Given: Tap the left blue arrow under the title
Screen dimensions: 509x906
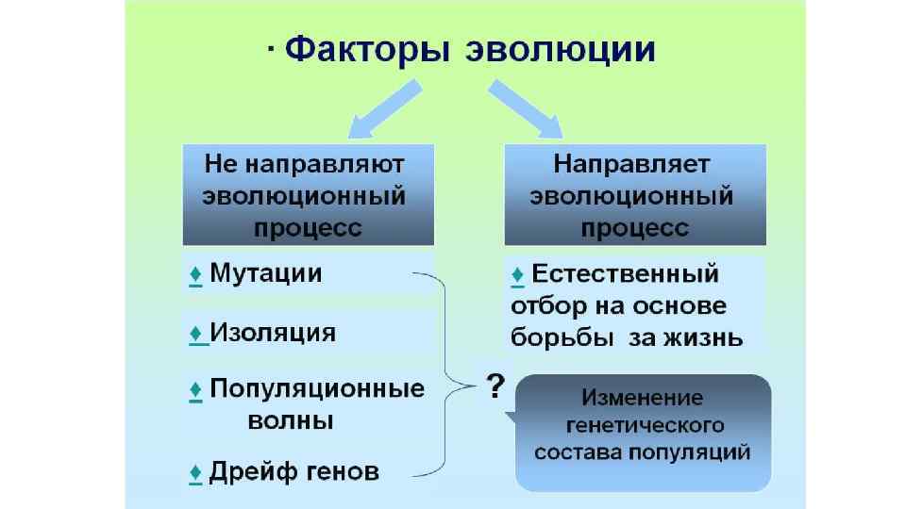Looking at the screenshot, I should click(383, 107).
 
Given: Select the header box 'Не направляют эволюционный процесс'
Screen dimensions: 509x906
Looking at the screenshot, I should click(308, 195).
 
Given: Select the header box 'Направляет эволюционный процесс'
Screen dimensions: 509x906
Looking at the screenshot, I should click(634, 195).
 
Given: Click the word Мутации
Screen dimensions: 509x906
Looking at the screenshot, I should click(265, 273).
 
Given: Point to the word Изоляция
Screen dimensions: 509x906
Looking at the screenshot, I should click(272, 333).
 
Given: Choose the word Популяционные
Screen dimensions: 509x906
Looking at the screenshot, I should click(317, 388).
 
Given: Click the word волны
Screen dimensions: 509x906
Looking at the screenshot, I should click(290, 420).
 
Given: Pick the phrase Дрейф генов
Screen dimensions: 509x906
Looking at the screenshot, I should click(294, 471).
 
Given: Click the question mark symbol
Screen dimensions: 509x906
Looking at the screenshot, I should click(494, 386).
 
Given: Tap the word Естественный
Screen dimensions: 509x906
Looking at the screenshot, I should click(626, 274).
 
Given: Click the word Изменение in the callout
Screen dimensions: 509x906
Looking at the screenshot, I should click(642, 396).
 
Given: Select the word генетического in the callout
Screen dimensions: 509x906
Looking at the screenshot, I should click(642, 423).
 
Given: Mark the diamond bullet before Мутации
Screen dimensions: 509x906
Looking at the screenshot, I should click(195, 274).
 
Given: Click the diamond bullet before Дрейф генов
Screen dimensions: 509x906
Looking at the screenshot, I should click(195, 471).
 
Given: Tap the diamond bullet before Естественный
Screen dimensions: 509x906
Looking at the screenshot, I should click(517, 274).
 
